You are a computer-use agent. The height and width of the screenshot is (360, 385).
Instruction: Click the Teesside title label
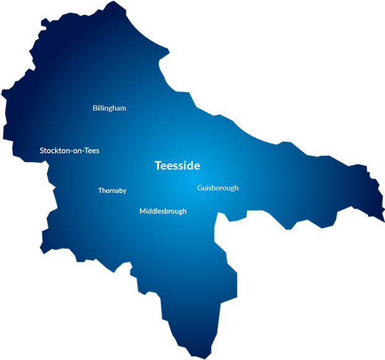coord(177,166)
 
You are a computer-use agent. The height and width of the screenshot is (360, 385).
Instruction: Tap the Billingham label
coord(110,108)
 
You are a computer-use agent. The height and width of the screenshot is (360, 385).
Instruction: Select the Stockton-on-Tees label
coord(69,150)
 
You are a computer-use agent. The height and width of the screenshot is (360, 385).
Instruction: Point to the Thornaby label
coord(112,191)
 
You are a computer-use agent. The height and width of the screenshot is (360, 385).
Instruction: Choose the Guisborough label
coord(218,188)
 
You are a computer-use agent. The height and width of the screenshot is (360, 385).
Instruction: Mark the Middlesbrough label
coord(163,211)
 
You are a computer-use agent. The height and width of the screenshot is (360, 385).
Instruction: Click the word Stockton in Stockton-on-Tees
coord(54,150)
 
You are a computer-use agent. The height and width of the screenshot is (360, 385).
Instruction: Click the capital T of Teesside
coord(158,166)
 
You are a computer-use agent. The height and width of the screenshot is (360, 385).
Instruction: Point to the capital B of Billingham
coord(95,108)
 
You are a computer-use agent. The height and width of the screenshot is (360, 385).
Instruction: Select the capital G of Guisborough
coord(200,188)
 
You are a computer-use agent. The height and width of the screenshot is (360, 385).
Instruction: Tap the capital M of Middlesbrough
coord(142,211)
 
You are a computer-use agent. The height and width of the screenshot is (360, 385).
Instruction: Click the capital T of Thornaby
coord(100,191)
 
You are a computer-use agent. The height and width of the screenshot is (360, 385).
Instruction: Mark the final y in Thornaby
coord(124,192)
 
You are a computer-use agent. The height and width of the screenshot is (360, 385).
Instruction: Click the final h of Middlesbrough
coord(184,211)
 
